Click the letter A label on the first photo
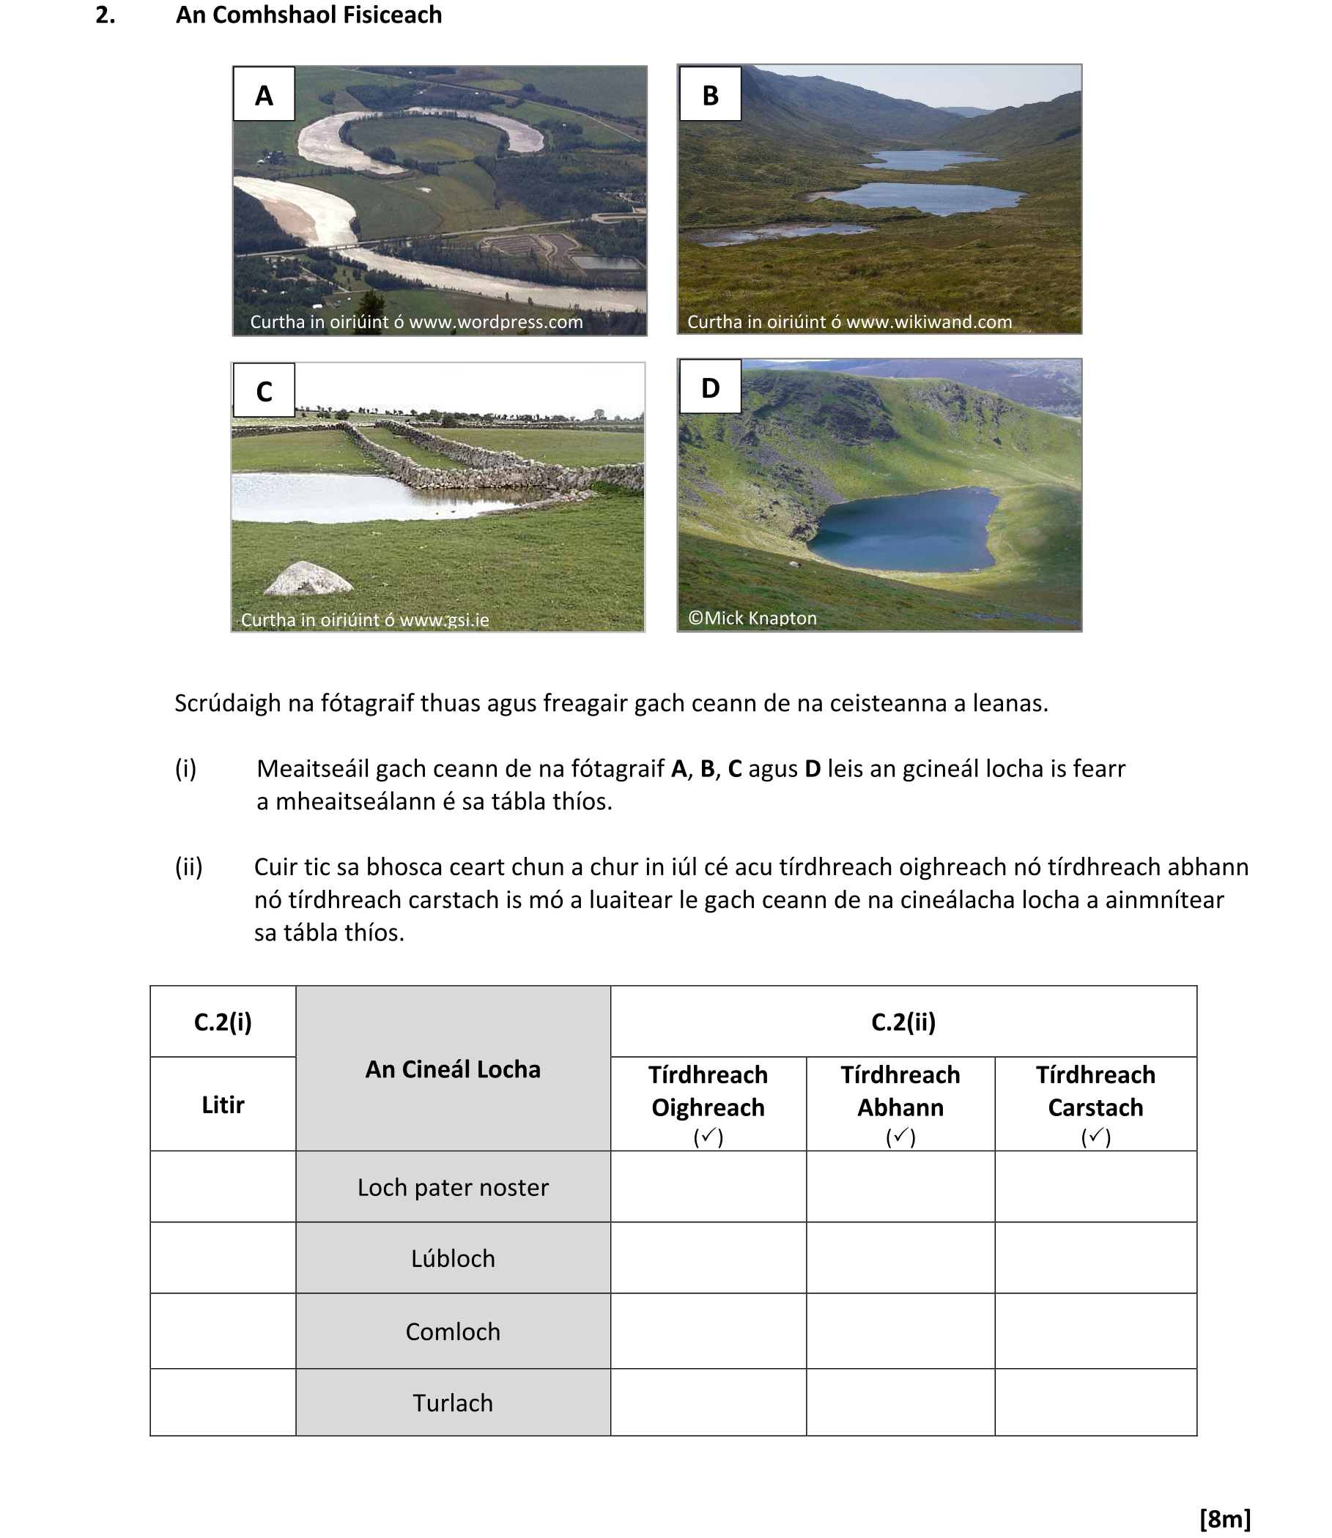[x=264, y=94]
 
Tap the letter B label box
[x=710, y=94]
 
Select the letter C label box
[x=264, y=391]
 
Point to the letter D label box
[x=710, y=387]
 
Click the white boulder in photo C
[x=308, y=579]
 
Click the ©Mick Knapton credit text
[x=752, y=618]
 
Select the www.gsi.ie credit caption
[x=364, y=620]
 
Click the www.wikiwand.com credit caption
[x=849, y=322]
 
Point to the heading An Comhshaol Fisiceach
[x=308, y=15]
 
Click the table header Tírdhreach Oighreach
[x=708, y=1091]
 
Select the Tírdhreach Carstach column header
[x=1095, y=1091]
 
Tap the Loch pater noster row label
[x=453, y=1187]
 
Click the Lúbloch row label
[x=453, y=1259]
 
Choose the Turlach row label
[x=453, y=1403]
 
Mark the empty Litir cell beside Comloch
[x=223, y=1331]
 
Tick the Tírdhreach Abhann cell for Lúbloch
[x=900, y=1259]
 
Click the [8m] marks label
[x=1225, y=1519]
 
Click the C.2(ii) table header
[x=903, y=1022]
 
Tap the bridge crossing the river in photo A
[x=338, y=245]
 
